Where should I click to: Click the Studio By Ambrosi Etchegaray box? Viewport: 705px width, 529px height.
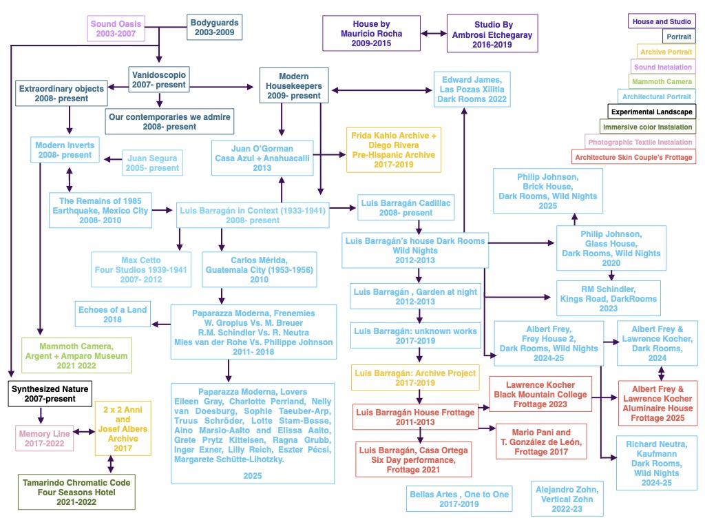point(492,33)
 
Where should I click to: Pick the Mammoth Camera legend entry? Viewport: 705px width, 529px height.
point(665,81)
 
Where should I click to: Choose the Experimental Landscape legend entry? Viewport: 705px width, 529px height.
point(651,112)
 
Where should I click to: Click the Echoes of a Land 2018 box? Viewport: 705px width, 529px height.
point(113,314)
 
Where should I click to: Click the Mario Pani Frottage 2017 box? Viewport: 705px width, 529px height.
point(541,442)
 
